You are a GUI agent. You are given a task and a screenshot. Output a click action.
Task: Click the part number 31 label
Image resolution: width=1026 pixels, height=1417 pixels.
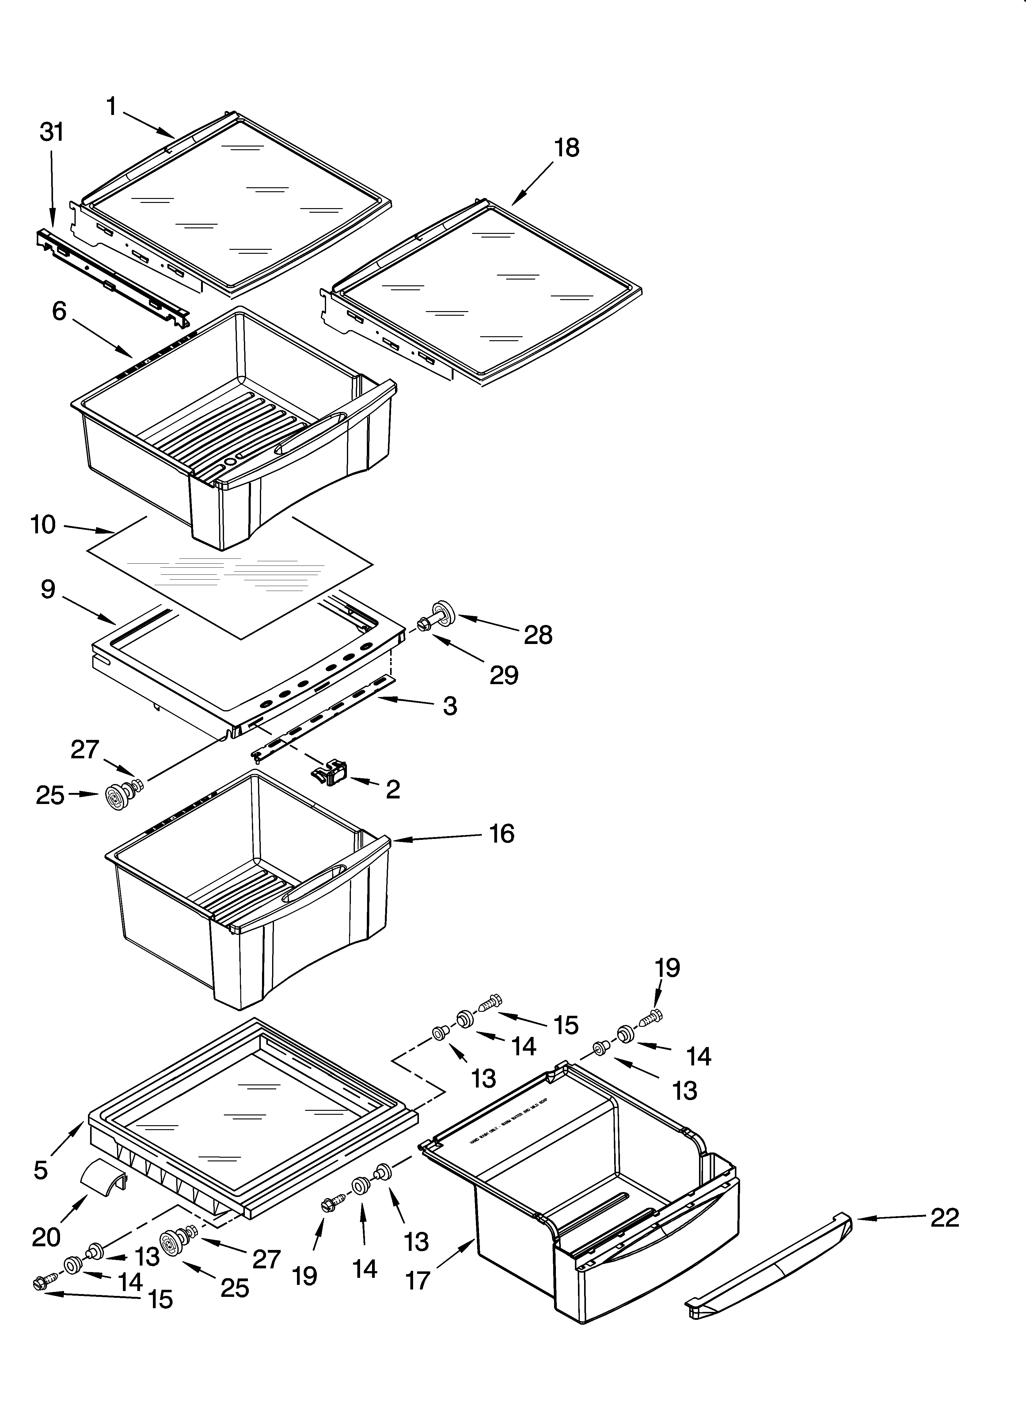[52, 132]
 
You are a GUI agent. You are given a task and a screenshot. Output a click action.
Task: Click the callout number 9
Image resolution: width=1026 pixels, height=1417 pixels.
[48, 589]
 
